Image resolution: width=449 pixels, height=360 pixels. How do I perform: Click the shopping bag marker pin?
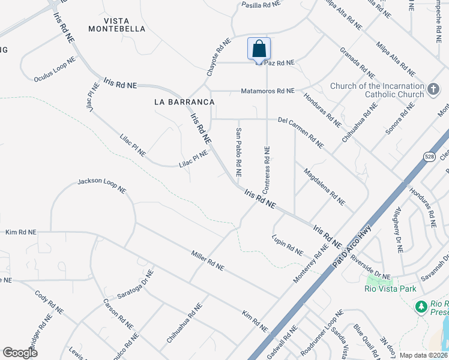coord(259,49)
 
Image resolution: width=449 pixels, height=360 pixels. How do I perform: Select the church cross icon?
coord(434,91)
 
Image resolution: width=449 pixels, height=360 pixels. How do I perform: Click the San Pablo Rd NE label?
coord(238,152)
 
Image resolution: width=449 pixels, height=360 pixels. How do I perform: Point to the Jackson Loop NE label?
coord(101,185)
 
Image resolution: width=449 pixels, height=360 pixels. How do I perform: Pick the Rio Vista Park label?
coord(390,289)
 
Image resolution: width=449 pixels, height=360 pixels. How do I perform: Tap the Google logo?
coord(20,352)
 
